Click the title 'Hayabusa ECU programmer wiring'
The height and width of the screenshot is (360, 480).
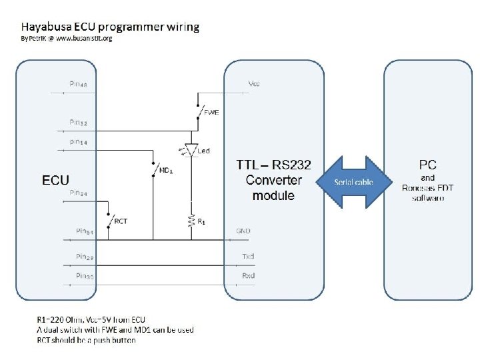pyautogui.click(x=110, y=27)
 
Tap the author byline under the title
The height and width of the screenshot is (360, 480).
pyautogui.click(x=67, y=39)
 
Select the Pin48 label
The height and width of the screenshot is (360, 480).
pyautogui.click(x=82, y=85)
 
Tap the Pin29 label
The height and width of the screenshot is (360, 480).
pyautogui.click(x=84, y=256)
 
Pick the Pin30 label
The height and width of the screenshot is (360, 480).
pyautogui.click(x=84, y=275)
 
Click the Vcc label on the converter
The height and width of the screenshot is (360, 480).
pyautogui.click(x=254, y=84)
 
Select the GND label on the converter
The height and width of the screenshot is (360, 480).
pyautogui.click(x=243, y=231)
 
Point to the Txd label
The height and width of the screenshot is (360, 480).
pyautogui.click(x=248, y=256)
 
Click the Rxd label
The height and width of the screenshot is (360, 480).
pyautogui.click(x=248, y=275)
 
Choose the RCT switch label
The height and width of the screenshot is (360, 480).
pyautogui.click(x=121, y=219)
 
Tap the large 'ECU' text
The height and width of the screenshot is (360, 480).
pyautogui.click(x=56, y=180)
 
